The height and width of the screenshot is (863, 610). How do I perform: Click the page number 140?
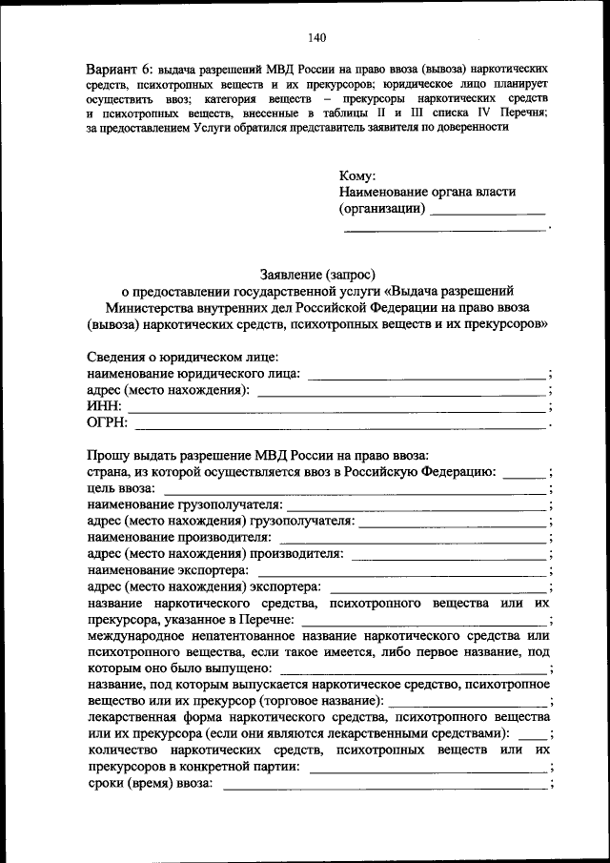click(317, 38)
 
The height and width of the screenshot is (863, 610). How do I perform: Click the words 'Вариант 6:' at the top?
click(119, 72)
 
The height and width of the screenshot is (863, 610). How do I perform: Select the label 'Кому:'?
click(357, 175)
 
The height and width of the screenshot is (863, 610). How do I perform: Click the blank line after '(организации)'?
click(487, 211)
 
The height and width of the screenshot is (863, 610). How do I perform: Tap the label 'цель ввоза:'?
click(123, 487)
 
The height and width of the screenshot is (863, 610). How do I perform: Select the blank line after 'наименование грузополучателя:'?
click(417, 504)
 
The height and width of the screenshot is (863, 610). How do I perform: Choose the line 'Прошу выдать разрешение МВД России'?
click(257, 453)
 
